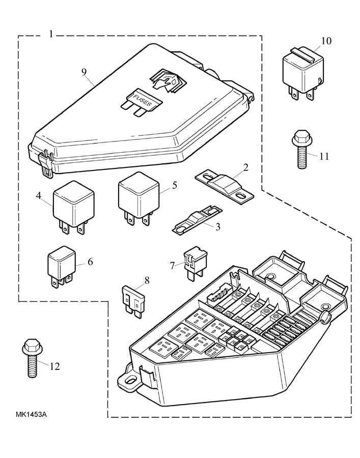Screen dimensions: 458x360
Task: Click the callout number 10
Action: click(x=326, y=41)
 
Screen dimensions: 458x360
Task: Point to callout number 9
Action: click(x=84, y=71)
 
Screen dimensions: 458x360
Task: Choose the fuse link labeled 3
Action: click(x=197, y=219)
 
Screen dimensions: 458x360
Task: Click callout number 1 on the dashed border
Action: click(x=51, y=34)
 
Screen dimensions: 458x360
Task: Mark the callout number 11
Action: click(x=324, y=156)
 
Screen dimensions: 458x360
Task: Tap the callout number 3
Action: click(x=217, y=226)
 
